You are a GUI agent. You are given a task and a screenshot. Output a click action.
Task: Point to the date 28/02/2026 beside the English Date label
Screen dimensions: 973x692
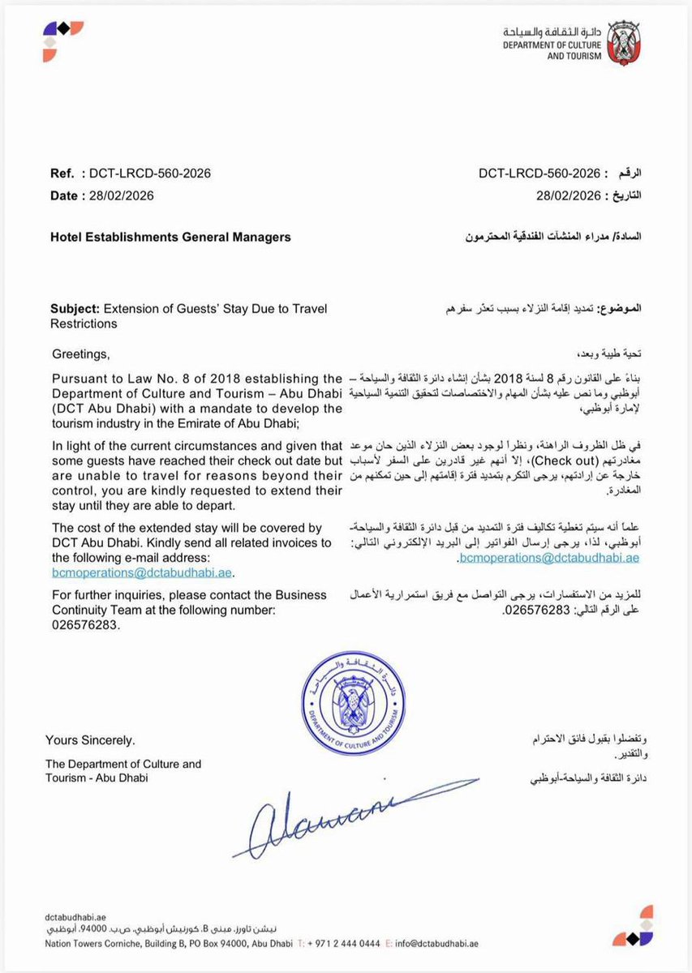pos(121,195)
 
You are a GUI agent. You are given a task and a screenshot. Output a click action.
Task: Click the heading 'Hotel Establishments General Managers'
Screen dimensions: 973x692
pos(170,238)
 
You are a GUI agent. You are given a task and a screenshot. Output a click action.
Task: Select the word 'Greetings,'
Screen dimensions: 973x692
pos(79,354)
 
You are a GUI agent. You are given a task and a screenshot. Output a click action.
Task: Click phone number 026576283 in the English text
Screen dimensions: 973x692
pos(85,625)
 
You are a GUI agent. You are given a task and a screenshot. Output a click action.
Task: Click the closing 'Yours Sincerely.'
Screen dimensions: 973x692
pos(91,740)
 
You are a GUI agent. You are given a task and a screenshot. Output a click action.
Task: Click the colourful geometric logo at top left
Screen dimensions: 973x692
pos(62,41)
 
